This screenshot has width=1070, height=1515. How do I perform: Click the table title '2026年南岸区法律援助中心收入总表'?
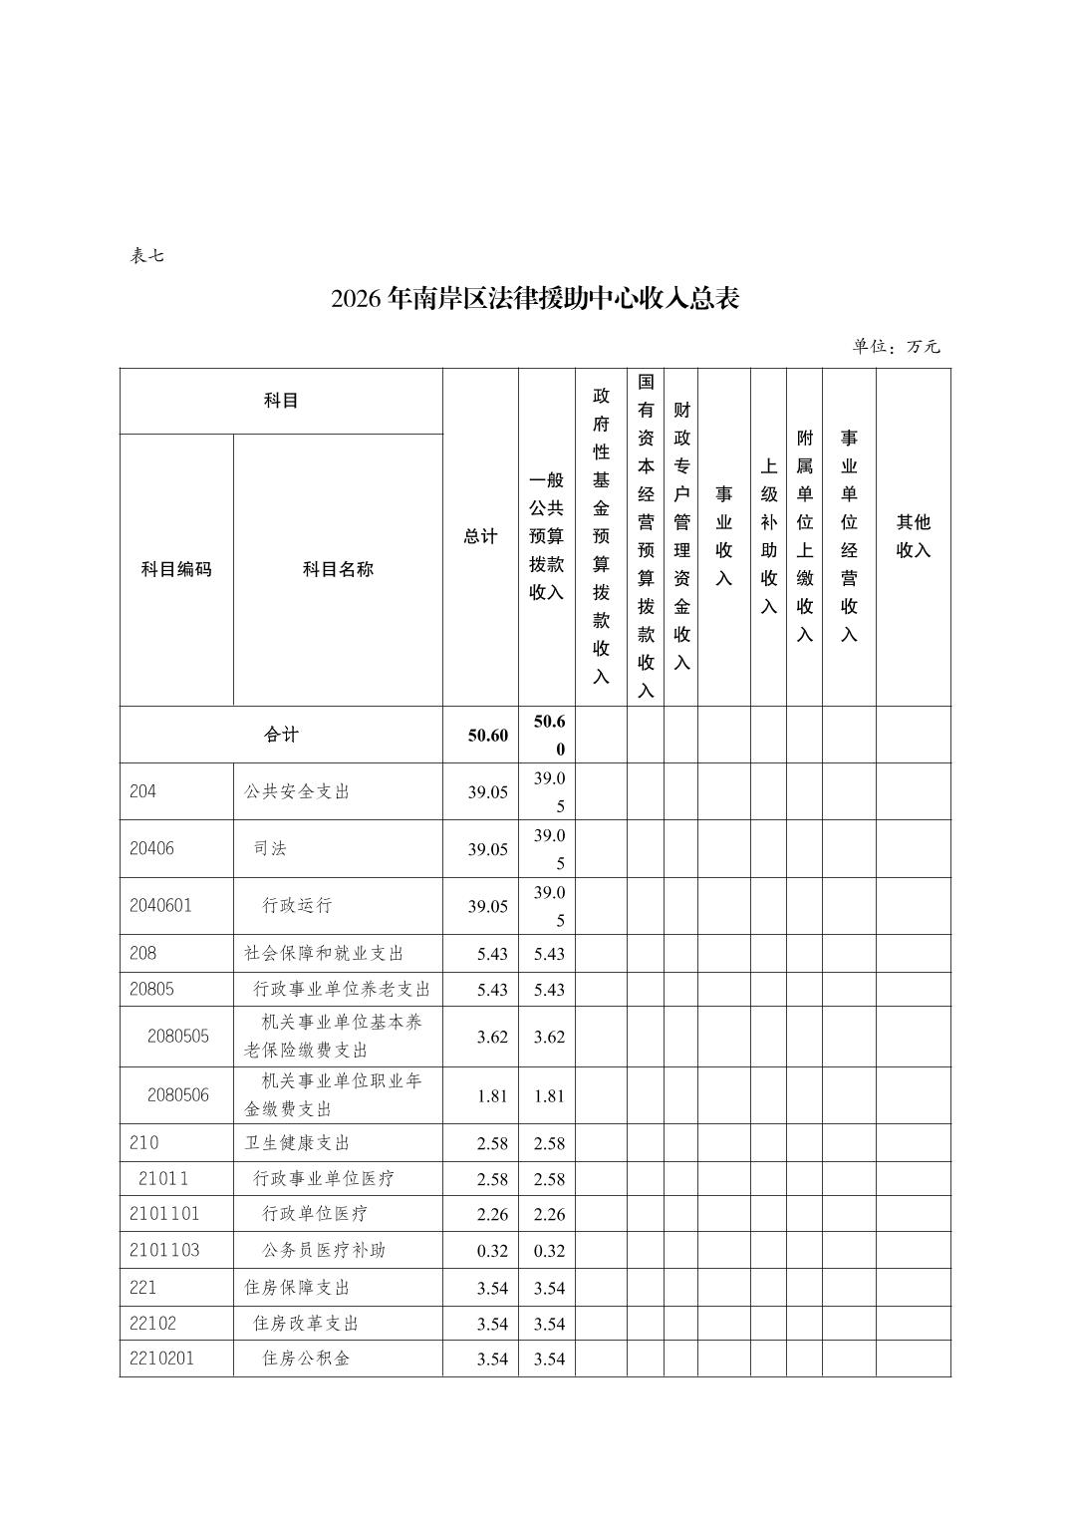coord(535,298)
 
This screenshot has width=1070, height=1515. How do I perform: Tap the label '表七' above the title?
coord(146,255)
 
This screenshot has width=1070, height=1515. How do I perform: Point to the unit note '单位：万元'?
coord(896,347)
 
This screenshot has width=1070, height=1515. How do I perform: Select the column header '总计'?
coord(480,536)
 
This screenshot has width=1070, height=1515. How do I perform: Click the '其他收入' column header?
coord(913,536)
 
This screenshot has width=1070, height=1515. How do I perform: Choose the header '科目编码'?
coord(176,569)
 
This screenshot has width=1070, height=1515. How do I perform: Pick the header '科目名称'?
coord(338,569)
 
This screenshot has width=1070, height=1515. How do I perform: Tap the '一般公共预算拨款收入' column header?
coord(546,536)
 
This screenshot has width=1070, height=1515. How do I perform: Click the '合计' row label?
coord(281,735)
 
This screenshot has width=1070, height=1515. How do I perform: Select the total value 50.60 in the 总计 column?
coord(487,736)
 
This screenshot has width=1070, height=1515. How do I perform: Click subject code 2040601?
coord(160,905)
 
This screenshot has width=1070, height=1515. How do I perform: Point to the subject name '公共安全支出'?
coord(297,791)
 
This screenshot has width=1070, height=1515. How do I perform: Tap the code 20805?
coord(151,989)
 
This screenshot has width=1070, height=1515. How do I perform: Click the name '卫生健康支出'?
coord(297,1142)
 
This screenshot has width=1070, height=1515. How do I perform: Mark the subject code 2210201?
coord(161,1358)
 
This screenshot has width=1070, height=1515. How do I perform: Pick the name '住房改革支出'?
coord(306,1323)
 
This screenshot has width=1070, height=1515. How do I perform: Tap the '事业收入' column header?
coord(723,536)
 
